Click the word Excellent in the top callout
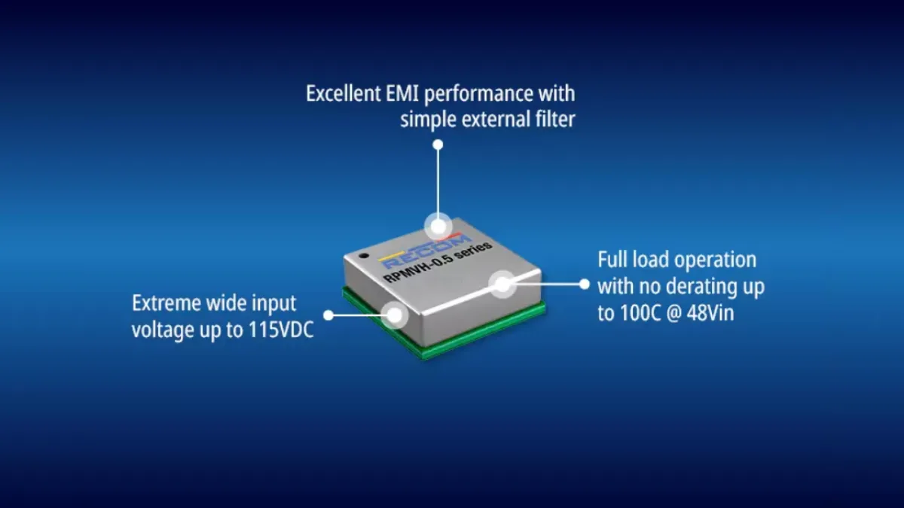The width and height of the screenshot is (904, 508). [x=344, y=93]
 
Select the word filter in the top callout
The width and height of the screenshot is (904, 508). [x=554, y=120]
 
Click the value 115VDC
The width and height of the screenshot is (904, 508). [x=281, y=330]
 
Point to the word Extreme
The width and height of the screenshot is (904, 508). [x=166, y=303]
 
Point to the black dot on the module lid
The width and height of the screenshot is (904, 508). [x=364, y=255]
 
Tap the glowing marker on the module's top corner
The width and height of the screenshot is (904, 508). [x=438, y=227]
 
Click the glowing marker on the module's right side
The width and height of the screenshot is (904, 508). [x=502, y=284]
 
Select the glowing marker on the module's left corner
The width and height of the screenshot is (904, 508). [x=395, y=315]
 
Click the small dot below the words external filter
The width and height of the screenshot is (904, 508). [x=438, y=144]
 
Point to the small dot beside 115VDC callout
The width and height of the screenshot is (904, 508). [x=328, y=315]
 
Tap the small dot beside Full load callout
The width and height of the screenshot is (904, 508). [x=585, y=284]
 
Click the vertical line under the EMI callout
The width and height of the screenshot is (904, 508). [x=438, y=181]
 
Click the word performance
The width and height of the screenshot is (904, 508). [x=478, y=94]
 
